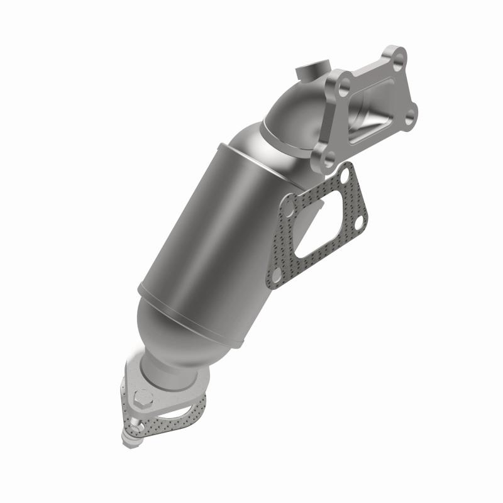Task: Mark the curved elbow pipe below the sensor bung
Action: (x=296, y=119)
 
